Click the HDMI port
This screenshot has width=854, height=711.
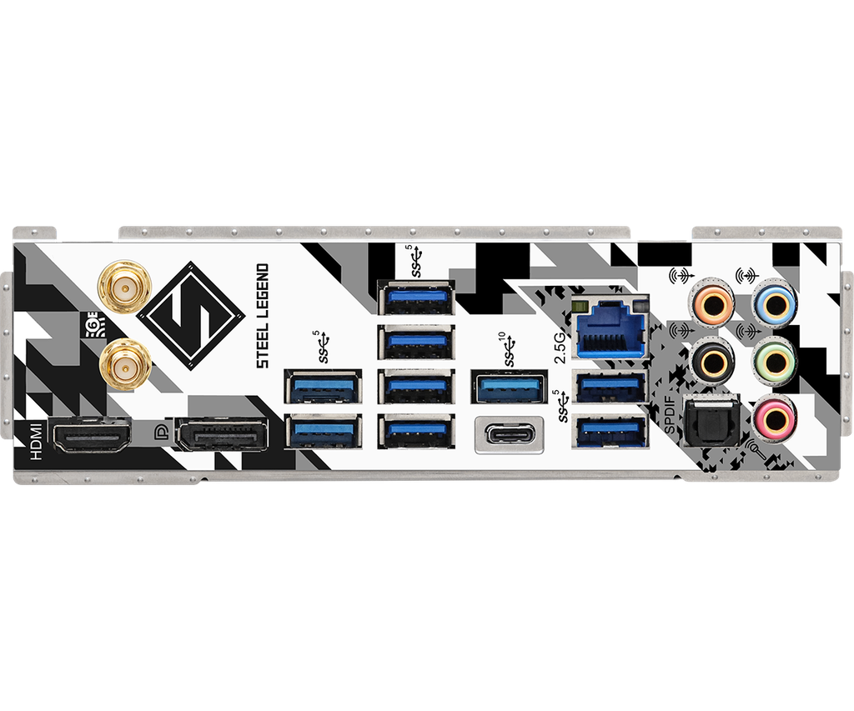92,434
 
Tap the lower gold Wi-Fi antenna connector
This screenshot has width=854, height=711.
123,364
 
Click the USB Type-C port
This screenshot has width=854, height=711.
509,434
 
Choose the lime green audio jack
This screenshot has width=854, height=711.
773,361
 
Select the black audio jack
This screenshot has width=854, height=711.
711,361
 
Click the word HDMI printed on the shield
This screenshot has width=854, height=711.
35,439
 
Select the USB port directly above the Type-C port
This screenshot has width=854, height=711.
510,388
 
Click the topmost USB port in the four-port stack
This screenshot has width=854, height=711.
415,298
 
